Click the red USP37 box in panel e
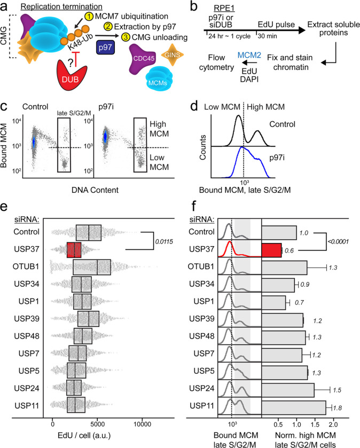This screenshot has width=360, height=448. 74,249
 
